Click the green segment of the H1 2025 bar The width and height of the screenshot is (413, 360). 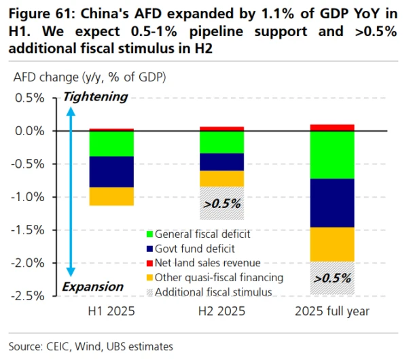[111, 143]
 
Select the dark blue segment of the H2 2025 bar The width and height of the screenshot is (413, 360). [221, 162]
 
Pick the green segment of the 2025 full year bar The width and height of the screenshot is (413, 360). [332, 154]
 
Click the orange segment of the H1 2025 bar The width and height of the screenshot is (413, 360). [111, 196]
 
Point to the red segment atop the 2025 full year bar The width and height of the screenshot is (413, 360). [332, 127]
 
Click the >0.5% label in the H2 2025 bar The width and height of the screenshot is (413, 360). [222, 202]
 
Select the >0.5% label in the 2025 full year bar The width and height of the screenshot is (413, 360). [333, 278]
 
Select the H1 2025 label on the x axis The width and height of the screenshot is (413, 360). [111, 311]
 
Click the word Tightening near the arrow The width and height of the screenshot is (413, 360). [95, 96]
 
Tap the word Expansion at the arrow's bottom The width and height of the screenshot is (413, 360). [93, 287]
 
